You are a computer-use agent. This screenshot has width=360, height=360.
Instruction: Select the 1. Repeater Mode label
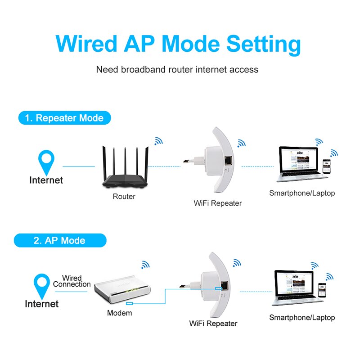(64, 118)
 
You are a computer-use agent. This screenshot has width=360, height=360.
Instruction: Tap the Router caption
(124, 197)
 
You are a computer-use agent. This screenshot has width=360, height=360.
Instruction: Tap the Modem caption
(120, 313)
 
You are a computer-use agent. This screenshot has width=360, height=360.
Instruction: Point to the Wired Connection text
(72, 281)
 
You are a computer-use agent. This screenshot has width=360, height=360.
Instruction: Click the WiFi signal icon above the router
(158, 141)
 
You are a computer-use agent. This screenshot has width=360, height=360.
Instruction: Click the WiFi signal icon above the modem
(145, 265)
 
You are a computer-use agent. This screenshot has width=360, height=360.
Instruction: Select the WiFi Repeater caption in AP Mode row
(213, 324)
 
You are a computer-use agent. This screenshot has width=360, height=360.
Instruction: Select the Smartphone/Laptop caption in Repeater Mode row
(302, 193)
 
